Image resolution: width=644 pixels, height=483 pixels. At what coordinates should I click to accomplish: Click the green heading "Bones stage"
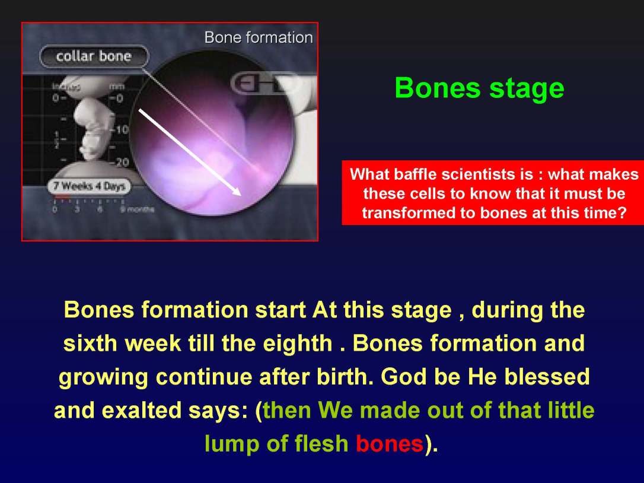point(479,88)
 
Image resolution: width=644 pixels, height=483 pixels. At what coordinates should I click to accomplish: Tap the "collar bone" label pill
point(94,57)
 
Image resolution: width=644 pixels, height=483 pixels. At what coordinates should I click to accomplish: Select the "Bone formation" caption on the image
point(258,37)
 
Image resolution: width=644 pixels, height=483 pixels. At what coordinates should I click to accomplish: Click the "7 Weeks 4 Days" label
point(89,186)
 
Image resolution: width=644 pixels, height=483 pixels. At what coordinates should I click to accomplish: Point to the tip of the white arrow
point(239,193)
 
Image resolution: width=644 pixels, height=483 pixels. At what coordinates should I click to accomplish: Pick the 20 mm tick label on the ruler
point(122,163)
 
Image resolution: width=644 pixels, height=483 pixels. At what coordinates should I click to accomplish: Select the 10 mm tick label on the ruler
point(122,130)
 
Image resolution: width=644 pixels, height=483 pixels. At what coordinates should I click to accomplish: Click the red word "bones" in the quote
point(390,444)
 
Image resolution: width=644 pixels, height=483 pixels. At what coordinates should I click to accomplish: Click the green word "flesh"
point(321,444)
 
